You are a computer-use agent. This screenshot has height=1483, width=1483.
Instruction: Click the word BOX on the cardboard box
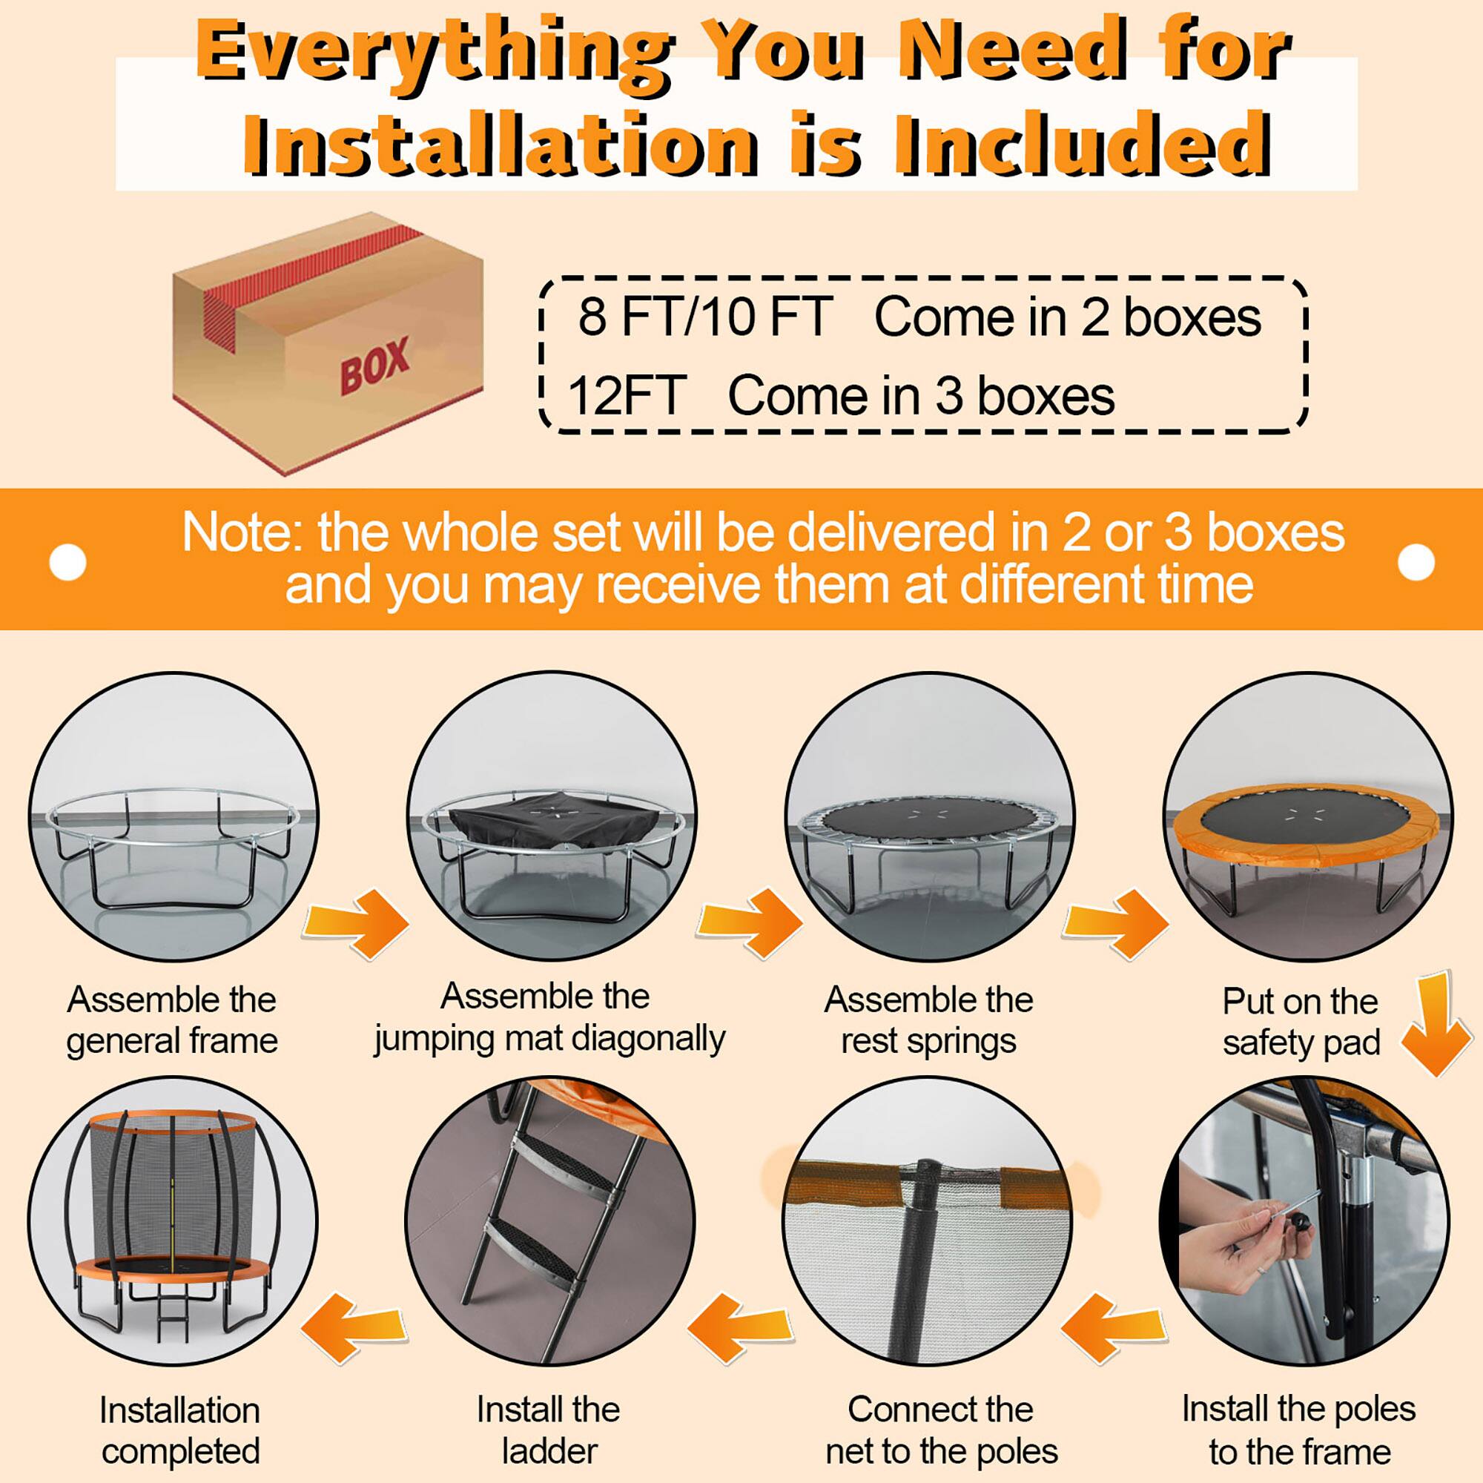pyautogui.click(x=374, y=366)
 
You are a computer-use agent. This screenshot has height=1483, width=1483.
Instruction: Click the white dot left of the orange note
pyautogui.click(x=67, y=563)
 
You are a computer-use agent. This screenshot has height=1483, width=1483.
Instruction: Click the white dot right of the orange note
pyautogui.click(x=1416, y=563)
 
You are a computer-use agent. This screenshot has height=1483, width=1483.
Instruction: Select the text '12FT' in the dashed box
pyautogui.click(x=627, y=396)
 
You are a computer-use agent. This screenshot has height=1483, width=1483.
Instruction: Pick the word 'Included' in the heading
pyautogui.click(x=1083, y=144)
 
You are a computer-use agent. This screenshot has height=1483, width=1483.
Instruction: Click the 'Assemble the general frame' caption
pyautogui.click(x=172, y=1020)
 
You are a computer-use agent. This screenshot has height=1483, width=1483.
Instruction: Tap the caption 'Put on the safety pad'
pyautogui.click(x=1301, y=1022)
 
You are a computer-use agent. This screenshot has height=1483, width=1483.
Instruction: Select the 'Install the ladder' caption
pyautogui.click(x=548, y=1430)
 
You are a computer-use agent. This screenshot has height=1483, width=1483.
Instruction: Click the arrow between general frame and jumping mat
pyautogui.click(x=355, y=923)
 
